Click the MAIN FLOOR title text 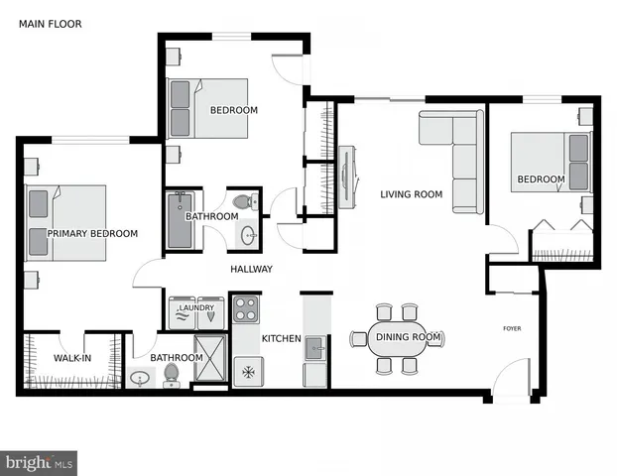50,23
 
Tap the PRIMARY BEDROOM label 92,233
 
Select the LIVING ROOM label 411,194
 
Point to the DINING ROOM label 408,337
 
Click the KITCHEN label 281,338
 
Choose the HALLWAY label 251,269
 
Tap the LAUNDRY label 195,308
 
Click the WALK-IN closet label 72,358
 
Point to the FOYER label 512,328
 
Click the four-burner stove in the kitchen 245,308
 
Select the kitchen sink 314,347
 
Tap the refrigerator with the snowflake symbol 246,374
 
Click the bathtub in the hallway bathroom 181,220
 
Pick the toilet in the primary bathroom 172,374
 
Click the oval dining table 399,337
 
